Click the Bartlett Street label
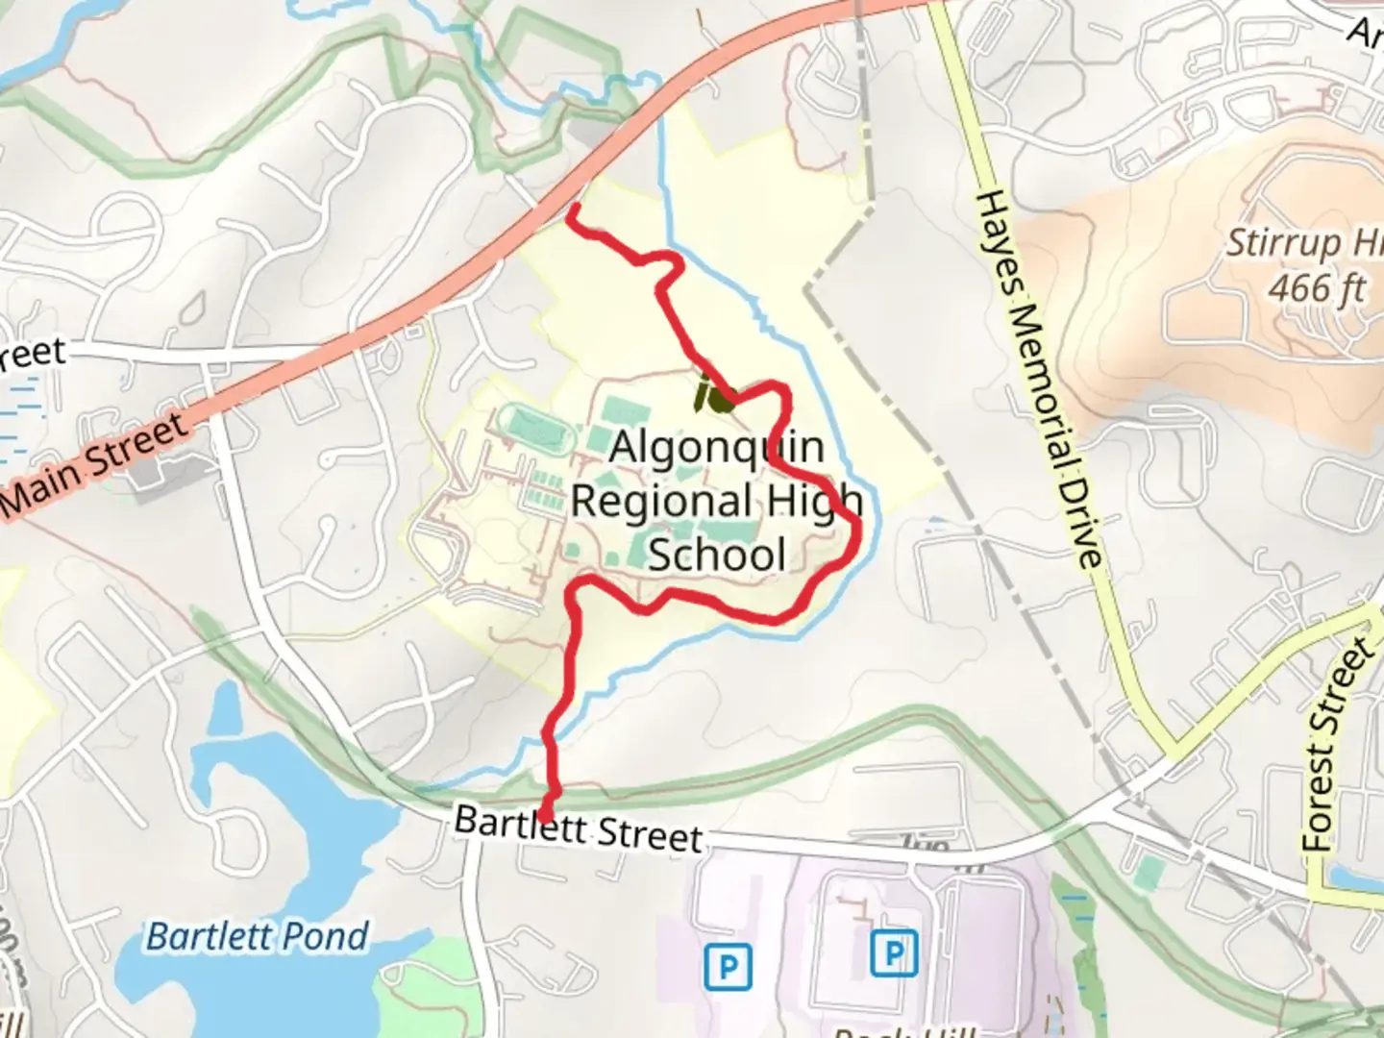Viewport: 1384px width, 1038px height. click(x=578, y=828)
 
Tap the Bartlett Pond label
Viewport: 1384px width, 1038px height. click(x=257, y=936)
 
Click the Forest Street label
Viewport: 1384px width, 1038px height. click(x=1338, y=744)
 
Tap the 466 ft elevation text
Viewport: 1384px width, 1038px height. click(x=1316, y=287)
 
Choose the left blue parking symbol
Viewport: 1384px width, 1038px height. click(x=728, y=966)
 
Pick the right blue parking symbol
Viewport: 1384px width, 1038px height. click(x=894, y=954)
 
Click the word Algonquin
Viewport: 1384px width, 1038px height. click(x=717, y=447)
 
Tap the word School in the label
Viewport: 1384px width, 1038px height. click(x=717, y=555)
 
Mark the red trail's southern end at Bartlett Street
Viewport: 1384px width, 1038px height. click(x=545, y=816)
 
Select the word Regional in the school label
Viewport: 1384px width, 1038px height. click(x=661, y=501)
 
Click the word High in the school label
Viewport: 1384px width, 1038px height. click(x=814, y=501)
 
